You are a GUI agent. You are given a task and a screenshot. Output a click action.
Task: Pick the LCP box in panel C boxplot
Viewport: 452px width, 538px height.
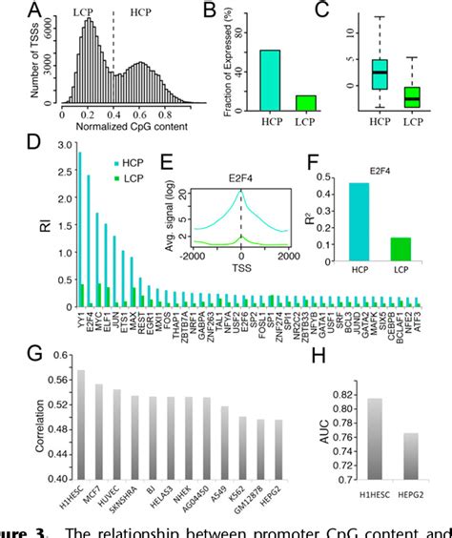[x=413, y=96]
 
